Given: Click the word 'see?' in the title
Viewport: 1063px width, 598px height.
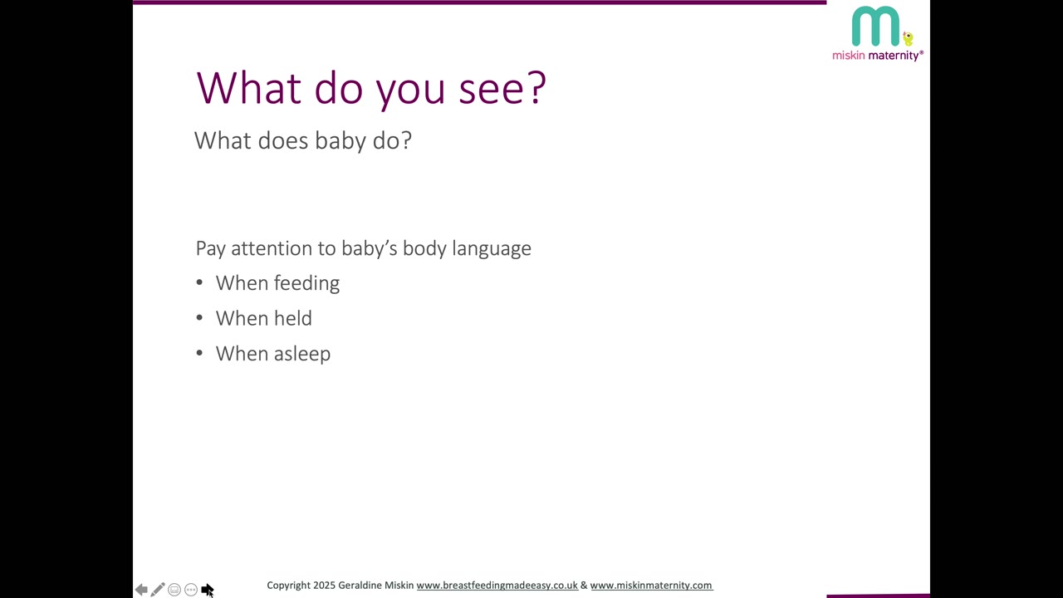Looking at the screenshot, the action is tap(502, 88).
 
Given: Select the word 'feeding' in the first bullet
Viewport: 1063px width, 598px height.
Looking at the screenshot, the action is tap(306, 283).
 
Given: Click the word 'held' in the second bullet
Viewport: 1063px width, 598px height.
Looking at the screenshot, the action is tap(292, 318).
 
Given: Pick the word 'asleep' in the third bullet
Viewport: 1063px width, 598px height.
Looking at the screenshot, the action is tap(301, 354).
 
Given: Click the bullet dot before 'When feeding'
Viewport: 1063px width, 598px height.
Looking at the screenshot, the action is tap(199, 282).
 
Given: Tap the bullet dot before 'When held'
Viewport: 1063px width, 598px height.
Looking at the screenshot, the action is tap(199, 317).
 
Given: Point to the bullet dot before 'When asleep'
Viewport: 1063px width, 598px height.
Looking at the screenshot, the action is tap(199, 353).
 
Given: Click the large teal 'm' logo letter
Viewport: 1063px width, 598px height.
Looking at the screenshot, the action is tap(875, 26).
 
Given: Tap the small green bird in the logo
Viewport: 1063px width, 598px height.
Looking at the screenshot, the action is tap(908, 39).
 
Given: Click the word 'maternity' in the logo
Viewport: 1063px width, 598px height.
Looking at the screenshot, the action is tap(894, 56).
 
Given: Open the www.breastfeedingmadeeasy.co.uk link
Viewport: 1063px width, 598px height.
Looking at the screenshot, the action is tap(497, 586).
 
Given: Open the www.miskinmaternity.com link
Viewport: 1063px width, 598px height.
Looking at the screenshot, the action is tap(651, 586).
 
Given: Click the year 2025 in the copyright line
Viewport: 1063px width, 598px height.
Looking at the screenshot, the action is tap(324, 586).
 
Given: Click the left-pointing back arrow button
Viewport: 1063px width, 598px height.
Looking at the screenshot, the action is tap(141, 590).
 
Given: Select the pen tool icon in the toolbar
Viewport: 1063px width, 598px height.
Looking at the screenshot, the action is tap(158, 590).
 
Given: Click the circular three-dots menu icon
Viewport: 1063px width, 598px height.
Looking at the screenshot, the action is tap(191, 590).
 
